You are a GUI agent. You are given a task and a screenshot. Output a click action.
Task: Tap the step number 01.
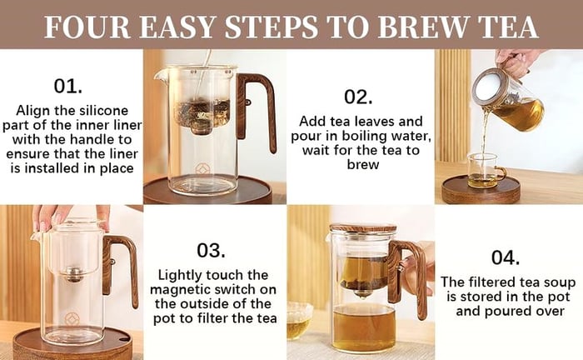[67, 87]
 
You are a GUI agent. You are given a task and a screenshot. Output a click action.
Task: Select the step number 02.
[358, 97]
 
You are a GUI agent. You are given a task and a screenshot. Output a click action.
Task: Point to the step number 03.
[211, 250]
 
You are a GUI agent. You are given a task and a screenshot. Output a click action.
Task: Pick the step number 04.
[506, 257]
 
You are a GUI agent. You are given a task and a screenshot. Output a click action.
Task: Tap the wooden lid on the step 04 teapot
[363, 227]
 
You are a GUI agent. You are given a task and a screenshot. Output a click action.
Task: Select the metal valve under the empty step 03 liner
[73, 274]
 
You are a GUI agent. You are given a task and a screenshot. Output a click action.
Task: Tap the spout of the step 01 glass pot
[159, 77]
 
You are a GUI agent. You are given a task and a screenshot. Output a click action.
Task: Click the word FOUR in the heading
[87, 27]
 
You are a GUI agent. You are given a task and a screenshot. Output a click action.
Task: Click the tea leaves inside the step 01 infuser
[202, 112]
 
